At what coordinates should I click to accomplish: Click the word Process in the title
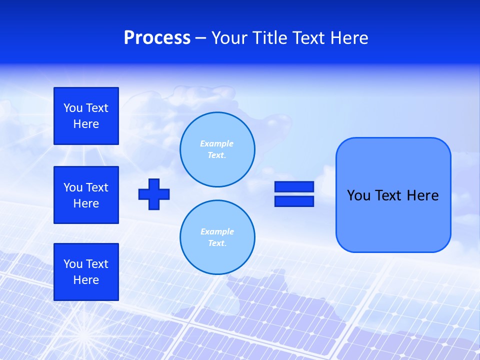pos(157,38)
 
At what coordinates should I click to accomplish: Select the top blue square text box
pos(86,116)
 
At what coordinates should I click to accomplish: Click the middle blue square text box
pos(86,195)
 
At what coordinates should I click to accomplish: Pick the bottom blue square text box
pos(86,272)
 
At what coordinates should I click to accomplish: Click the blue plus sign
pos(154,194)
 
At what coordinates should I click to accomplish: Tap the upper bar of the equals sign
pos(294,186)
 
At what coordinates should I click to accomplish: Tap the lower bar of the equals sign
pos(294,201)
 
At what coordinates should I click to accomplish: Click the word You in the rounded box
pos(358,195)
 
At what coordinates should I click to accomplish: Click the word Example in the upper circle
pos(216,143)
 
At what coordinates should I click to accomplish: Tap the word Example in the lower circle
pos(217,231)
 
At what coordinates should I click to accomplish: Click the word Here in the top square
pos(86,124)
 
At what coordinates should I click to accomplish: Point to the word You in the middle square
pos(73,187)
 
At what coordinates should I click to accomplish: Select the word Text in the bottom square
pos(97,264)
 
